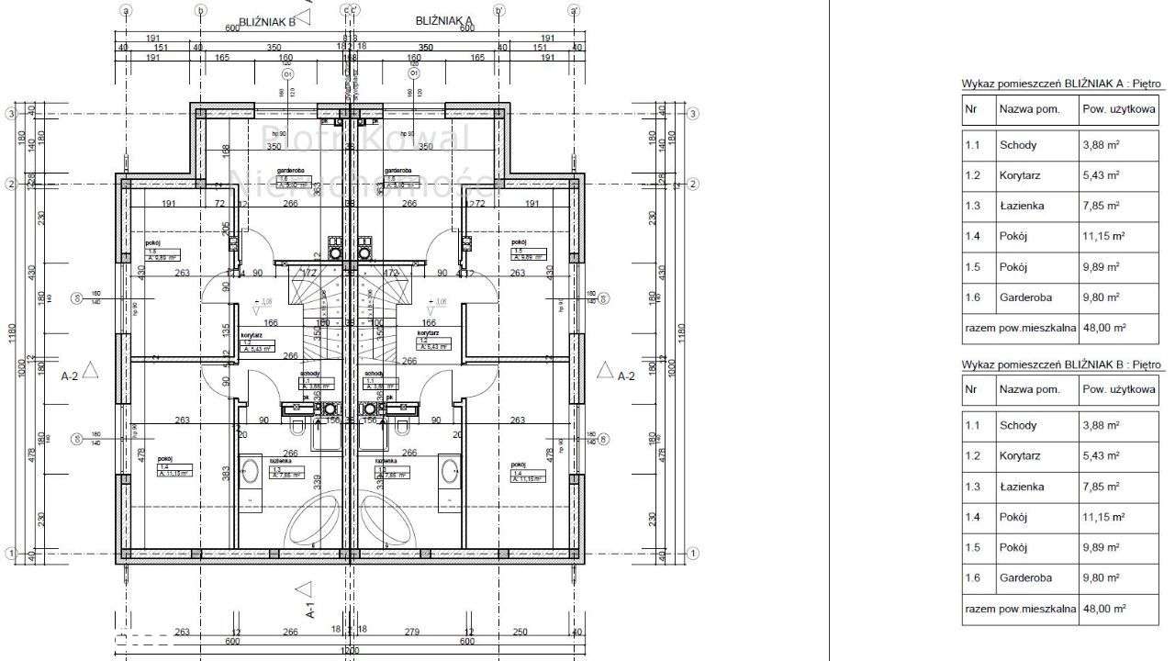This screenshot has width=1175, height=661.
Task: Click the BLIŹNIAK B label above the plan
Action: pos(266,21)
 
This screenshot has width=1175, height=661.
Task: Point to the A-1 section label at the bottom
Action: pos(310,607)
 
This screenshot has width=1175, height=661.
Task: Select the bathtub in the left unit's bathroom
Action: pos(315,523)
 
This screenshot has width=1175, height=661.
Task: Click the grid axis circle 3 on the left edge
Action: pos(10,114)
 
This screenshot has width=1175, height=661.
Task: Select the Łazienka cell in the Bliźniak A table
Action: pos(1019,206)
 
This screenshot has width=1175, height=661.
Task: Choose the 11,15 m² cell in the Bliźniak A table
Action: pos(1103,236)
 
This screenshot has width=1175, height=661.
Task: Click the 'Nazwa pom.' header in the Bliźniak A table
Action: pos(1029,108)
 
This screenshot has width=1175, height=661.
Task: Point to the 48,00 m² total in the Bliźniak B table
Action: pos(1103,608)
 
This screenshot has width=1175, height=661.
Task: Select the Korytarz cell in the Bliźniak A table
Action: pos(1019,175)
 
